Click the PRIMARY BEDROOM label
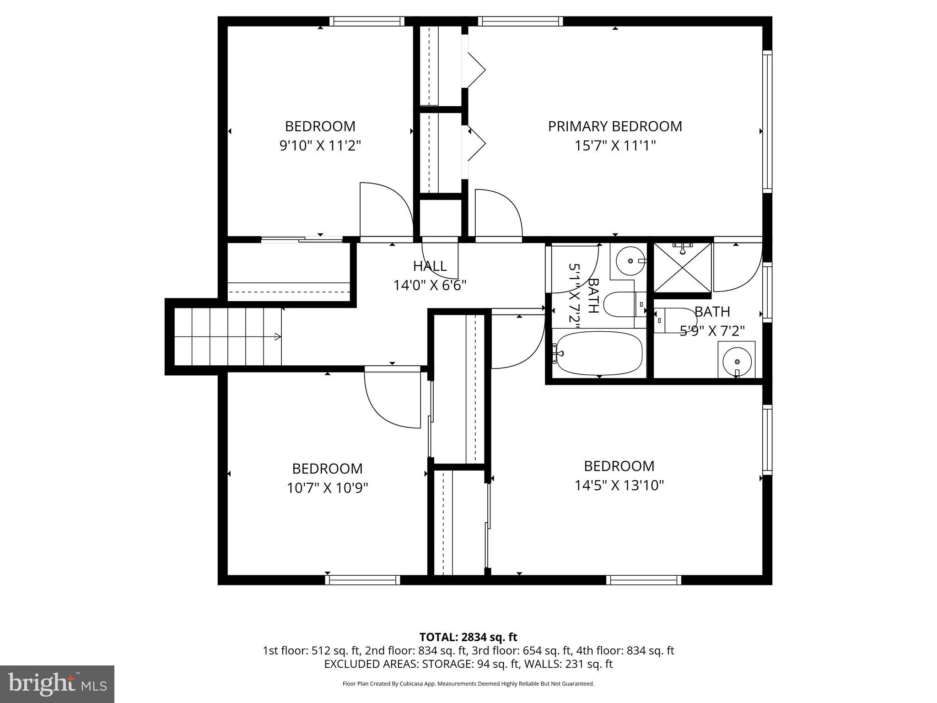pos(615,126)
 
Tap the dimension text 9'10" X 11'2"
pos(320,146)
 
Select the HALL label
pos(430,266)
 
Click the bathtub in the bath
pos(598,353)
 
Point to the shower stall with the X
pos(682,268)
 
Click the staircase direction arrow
pos(277,337)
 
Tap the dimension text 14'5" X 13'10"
pos(619,485)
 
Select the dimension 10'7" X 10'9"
pos(327,488)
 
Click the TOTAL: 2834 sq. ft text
pos(468,637)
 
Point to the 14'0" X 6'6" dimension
pos(430,286)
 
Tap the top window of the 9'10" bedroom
pos(366,21)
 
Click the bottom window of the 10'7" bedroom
pos(362,580)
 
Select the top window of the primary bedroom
pos(520,21)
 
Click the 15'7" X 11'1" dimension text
pos(615,146)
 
